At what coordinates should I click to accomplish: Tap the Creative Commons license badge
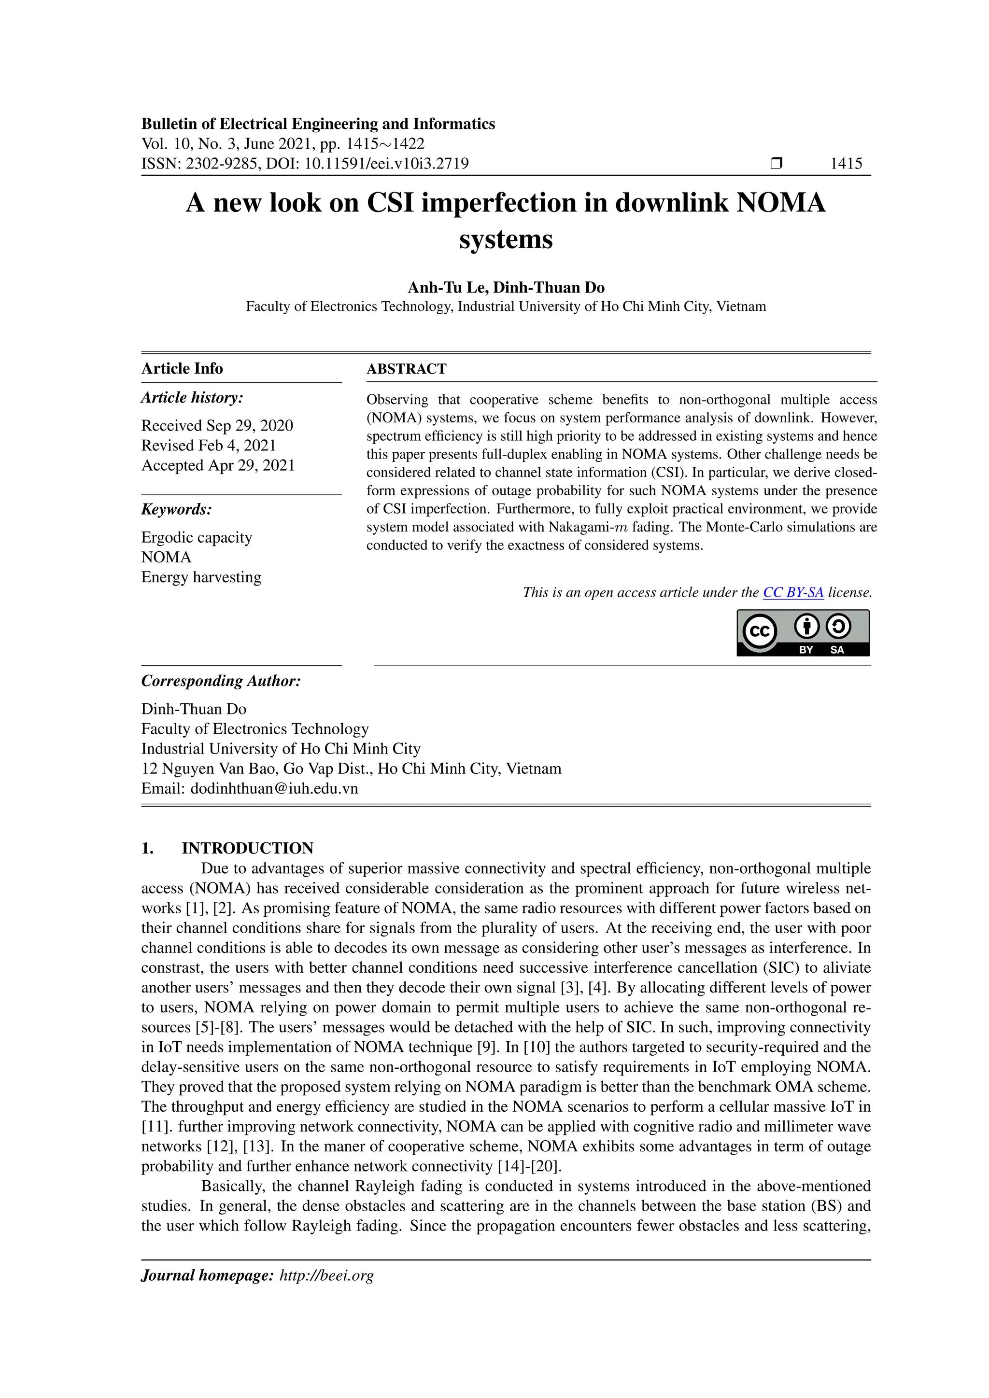coord(803,633)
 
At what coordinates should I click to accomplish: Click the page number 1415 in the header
coord(846,163)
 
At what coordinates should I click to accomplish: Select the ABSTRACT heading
coord(406,369)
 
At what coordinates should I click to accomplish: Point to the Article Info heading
coord(182,368)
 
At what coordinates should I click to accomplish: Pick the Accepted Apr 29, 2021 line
coord(218,465)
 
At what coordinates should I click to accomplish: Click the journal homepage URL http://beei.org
coord(326,1275)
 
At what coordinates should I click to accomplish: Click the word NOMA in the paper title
coord(781,203)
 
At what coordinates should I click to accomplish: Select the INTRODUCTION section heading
coord(247,848)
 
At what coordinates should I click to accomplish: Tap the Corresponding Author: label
coord(221,681)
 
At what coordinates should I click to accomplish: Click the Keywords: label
coord(176,509)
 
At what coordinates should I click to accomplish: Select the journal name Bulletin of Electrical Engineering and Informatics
coord(318,124)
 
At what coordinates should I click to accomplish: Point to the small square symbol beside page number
coord(776,163)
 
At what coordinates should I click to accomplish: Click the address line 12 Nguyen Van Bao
coord(351,769)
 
